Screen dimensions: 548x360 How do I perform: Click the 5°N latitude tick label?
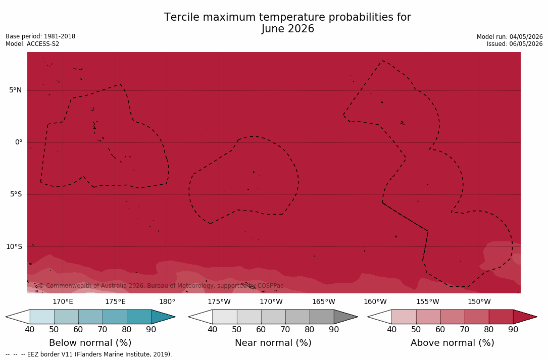tap(15, 90)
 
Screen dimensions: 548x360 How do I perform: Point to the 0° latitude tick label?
tap(19, 142)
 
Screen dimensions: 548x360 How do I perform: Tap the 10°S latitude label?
tap(14, 247)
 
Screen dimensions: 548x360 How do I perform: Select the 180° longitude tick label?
tap(167, 301)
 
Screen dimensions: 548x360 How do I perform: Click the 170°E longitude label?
tap(63, 301)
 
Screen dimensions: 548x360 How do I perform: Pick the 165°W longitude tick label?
tap(324, 301)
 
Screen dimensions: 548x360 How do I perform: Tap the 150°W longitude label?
tap(479, 301)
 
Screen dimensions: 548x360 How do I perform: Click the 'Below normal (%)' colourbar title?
tap(90, 342)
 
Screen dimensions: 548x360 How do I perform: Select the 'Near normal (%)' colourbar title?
tap(273, 342)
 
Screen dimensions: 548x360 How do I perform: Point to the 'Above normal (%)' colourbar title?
tap(452, 342)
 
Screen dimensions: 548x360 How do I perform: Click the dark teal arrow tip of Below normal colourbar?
tap(175, 317)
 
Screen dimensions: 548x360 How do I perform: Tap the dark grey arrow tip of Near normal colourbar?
tap(358, 317)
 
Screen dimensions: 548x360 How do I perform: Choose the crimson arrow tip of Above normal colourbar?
tap(536, 317)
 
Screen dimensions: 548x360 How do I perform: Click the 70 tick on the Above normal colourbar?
tap(465, 329)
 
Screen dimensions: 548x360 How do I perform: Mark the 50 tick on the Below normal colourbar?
tap(54, 329)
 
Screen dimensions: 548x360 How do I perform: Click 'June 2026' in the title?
tap(287, 29)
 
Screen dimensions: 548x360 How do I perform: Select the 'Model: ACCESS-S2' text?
tap(32, 44)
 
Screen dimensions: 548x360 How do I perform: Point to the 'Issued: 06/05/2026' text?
tap(515, 44)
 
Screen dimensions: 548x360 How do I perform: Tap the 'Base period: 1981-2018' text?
tap(40, 36)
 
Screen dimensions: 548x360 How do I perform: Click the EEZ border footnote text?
tap(89, 354)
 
